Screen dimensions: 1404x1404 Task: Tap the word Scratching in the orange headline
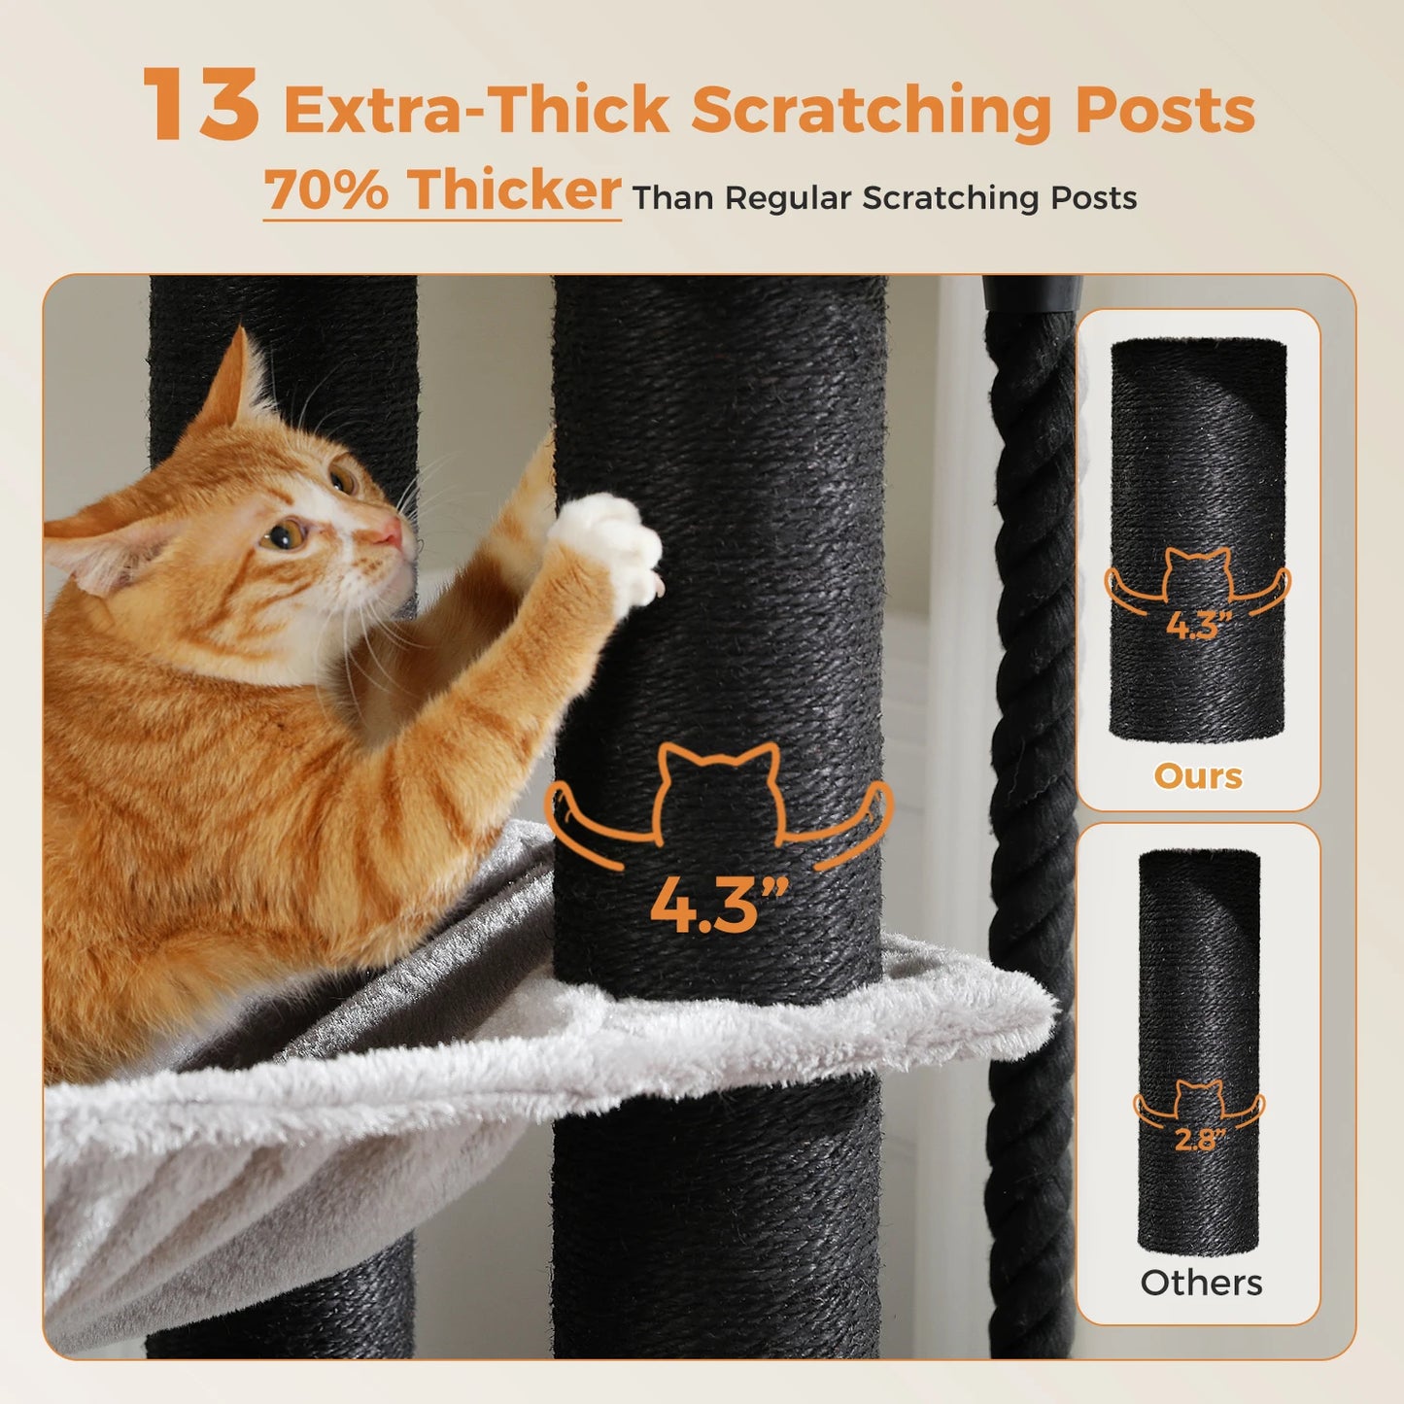click(x=873, y=110)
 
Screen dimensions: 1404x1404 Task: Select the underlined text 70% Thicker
click(x=442, y=189)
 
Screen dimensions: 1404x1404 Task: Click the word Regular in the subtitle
click(x=789, y=197)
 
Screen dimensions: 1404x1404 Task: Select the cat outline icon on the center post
click(x=719, y=797)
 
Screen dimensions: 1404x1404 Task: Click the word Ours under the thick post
click(x=1198, y=775)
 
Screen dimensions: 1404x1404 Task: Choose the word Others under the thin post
click(x=1201, y=1283)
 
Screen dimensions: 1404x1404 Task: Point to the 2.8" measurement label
click(x=1200, y=1138)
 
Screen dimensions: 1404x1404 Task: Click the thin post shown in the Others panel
click(x=1199, y=972)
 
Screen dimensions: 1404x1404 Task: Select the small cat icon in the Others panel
click(x=1199, y=1101)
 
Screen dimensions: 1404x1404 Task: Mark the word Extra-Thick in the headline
click(x=476, y=110)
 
